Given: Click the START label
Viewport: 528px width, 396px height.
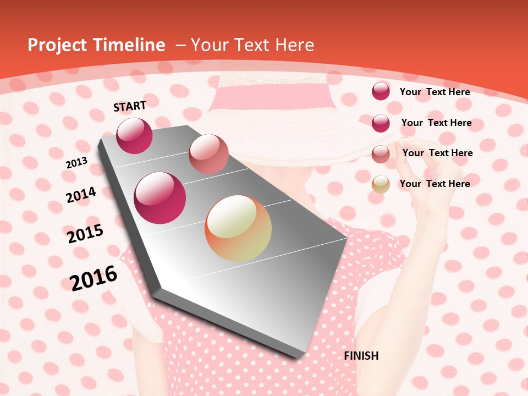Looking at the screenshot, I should [130, 106].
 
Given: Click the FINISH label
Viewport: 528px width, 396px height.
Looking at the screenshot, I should [361, 356].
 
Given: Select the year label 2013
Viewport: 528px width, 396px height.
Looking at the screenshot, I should [76, 163].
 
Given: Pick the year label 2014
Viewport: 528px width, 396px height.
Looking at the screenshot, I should [81, 195].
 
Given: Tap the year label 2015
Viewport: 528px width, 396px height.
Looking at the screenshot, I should [85, 234].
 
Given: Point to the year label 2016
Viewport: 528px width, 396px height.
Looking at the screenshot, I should [94, 278].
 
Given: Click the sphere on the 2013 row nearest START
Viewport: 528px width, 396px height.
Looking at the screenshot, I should [134, 136].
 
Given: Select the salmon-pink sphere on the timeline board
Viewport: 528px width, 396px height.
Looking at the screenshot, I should [208, 154].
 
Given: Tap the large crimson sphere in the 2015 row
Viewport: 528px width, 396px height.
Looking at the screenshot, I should [160, 198].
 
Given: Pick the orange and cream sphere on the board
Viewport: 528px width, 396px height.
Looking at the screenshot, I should [238, 228].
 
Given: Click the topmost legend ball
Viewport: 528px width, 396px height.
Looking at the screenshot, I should [381, 91].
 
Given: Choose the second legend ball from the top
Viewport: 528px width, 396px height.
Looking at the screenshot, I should [381, 123].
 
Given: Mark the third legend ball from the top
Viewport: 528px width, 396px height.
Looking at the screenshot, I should [381, 154].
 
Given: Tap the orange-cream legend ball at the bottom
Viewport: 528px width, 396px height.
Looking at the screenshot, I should [381, 184].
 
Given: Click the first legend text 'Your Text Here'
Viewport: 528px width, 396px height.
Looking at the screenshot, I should [435, 92].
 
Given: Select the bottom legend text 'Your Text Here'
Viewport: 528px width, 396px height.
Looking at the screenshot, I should [435, 184].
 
